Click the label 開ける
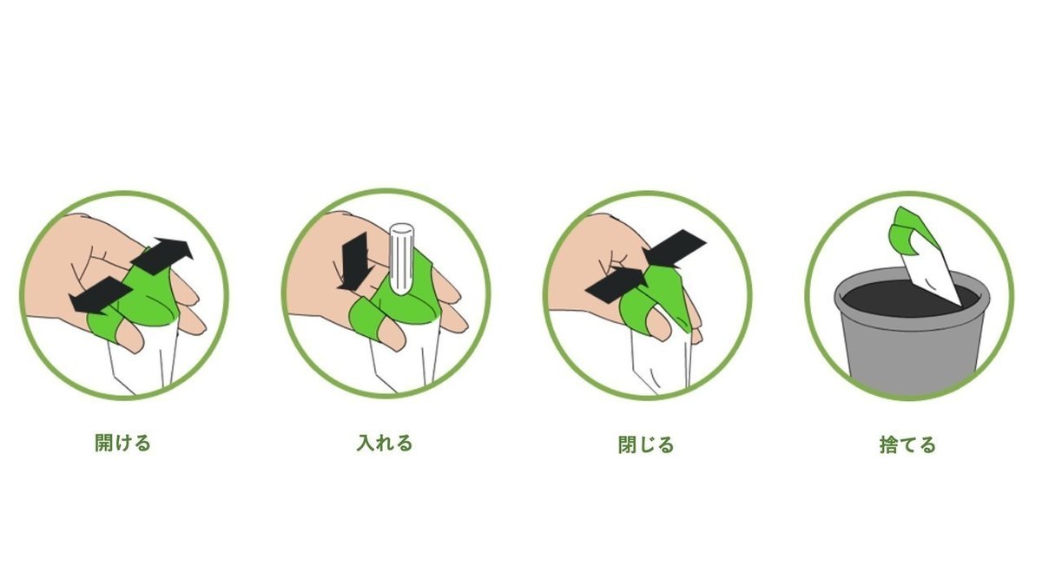[122, 444]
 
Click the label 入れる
[385, 444]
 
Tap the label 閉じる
[646, 444]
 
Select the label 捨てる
[907, 444]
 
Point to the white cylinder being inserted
[401, 259]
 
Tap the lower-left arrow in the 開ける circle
[100, 295]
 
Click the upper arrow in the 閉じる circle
[675, 249]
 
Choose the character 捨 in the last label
[888, 444]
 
